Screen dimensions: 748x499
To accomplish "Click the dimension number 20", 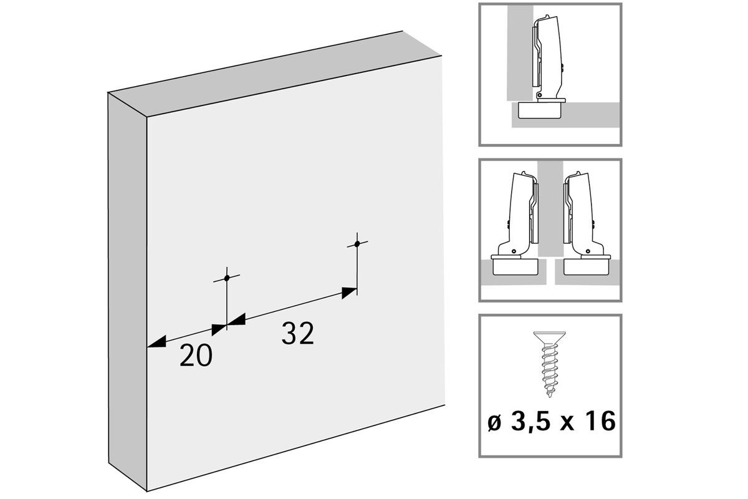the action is [x=196, y=355].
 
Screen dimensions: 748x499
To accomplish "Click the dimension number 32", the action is [x=297, y=333].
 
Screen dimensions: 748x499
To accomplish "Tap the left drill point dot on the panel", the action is [x=227, y=278].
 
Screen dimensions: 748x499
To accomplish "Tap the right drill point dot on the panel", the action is [x=357, y=244].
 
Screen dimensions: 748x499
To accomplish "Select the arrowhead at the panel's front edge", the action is [x=156, y=342].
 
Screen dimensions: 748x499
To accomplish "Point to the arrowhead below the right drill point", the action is [x=349, y=293].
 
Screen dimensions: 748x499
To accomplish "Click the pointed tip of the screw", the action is [x=550, y=395].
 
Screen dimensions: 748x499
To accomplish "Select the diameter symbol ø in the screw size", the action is [x=494, y=423].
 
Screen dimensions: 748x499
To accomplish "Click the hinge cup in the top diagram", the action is [x=540, y=110].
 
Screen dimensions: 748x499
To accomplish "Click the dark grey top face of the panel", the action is [x=275, y=74].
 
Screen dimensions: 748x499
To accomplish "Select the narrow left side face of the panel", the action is [x=128, y=291].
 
